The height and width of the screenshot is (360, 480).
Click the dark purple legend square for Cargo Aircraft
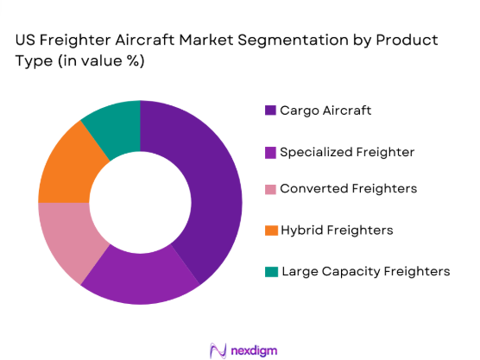coord(270,111)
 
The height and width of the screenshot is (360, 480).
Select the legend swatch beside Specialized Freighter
coord(270,152)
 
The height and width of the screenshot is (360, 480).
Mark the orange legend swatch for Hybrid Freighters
coord(270,231)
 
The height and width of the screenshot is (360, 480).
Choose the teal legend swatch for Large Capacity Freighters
coord(270,271)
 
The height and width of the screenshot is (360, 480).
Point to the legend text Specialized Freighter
coord(347,152)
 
